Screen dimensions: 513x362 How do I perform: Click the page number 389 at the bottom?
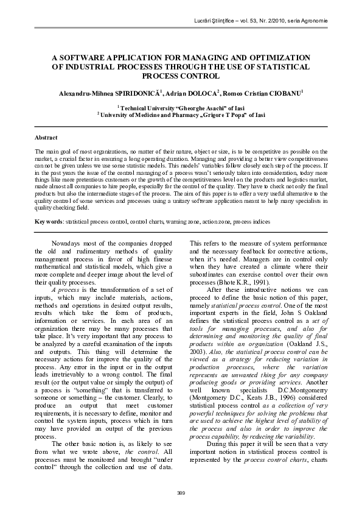[181, 492]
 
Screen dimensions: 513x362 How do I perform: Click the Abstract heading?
[46, 138]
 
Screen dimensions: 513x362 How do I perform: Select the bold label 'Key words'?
[49, 222]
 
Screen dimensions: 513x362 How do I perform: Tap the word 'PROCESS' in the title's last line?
[160, 76]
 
